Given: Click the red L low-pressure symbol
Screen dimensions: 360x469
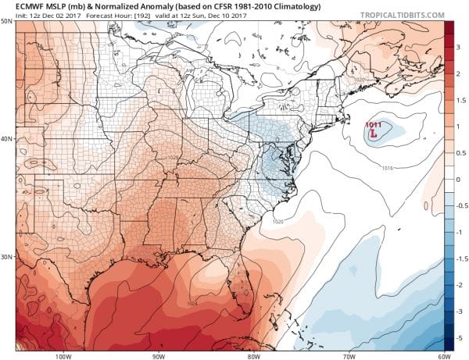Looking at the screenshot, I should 374,134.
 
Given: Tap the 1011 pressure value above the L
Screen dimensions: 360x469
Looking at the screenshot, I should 374,123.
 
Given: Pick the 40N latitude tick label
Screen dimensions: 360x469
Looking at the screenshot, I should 6,139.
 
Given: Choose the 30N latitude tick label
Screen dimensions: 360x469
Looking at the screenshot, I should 6,257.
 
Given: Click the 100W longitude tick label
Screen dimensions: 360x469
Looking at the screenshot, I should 64,355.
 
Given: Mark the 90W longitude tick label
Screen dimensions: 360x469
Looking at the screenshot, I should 159,355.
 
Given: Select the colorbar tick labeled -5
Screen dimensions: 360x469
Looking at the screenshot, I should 460,337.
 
